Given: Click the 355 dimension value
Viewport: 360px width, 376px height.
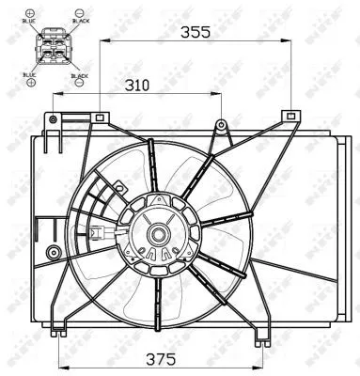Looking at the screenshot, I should point(196,31).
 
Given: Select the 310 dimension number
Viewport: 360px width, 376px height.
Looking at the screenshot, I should point(137,85).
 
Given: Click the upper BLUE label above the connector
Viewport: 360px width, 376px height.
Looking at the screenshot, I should point(30,20).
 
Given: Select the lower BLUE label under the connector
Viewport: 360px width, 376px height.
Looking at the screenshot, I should point(30,73).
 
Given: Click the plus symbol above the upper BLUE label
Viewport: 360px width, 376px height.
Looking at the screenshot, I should point(30,9).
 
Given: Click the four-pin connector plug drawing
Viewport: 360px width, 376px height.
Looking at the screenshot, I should point(55,46).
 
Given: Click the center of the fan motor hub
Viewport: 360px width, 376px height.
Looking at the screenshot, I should point(157,234).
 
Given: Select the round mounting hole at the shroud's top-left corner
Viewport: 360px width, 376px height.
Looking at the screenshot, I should point(54,119).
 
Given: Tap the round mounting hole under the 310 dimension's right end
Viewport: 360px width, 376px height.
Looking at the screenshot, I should point(222,124).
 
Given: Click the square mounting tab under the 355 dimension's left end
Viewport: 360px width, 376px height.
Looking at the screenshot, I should point(100,117).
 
